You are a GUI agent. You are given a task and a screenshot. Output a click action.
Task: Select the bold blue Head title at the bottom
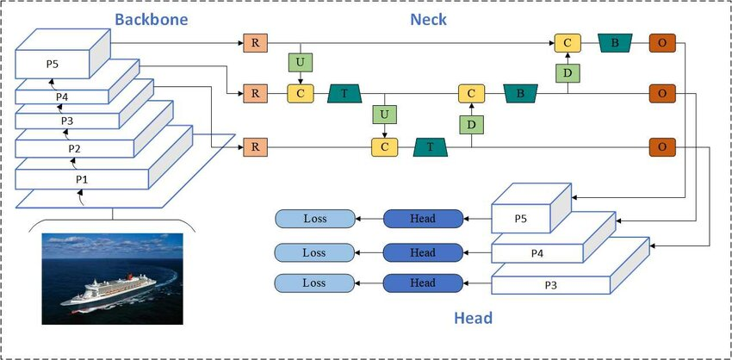pyautogui.click(x=474, y=318)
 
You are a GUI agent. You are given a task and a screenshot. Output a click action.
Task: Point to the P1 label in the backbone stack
pyautogui.click(x=82, y=178)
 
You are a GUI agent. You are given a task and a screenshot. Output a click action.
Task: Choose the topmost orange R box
pyautogui.click(x=255, y=42)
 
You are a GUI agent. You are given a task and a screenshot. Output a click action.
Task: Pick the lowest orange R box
pyautogui.click(x=255, y=147)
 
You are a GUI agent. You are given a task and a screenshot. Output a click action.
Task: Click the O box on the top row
pyautogui.click(x=661, y=42)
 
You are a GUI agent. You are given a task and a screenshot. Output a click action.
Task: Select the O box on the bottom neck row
pyautogui.click(x=661, y=147)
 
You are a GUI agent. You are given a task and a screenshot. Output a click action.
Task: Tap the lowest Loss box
pyautogui.click(x=314, y=282)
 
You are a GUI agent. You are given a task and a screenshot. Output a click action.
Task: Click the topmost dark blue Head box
pyautogui.click(x=422, y=219)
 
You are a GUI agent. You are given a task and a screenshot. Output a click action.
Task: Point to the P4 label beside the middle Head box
pyautogui.click(x=536, y=253)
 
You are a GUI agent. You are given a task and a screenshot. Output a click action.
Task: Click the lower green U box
pyautogui.click(x=384, y=115)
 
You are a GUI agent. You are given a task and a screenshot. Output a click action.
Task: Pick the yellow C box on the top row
pyautogui.click(x=568, y=42)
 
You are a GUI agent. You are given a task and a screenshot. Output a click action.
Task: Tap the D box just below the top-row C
pyautogui.click(x=568, y=73)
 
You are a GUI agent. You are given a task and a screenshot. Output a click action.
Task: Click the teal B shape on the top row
pyautogui.click(x=615, y=42)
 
